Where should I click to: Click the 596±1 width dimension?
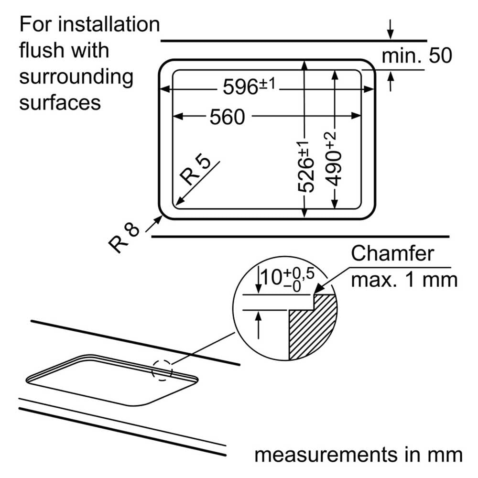click(x=249, y=86)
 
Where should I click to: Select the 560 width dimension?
click(x=227, y=117)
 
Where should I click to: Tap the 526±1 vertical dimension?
click(x=306, y=167)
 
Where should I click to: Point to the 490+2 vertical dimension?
click(x=332, y=159)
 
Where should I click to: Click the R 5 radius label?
click(x=195, y=171)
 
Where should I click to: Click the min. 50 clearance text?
click(x=417, y=55)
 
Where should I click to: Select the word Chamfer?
click(x=392, y=253)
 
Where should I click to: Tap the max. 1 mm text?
click(x=404, y=280)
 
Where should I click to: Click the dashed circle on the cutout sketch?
click(x=162, y=370)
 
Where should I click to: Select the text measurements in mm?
click(x=358, y=455)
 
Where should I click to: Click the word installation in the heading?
click(x=109, y=24)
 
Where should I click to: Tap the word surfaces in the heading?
click(x=60, y=102)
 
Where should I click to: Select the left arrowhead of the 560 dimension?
click(x=178, y=116)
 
